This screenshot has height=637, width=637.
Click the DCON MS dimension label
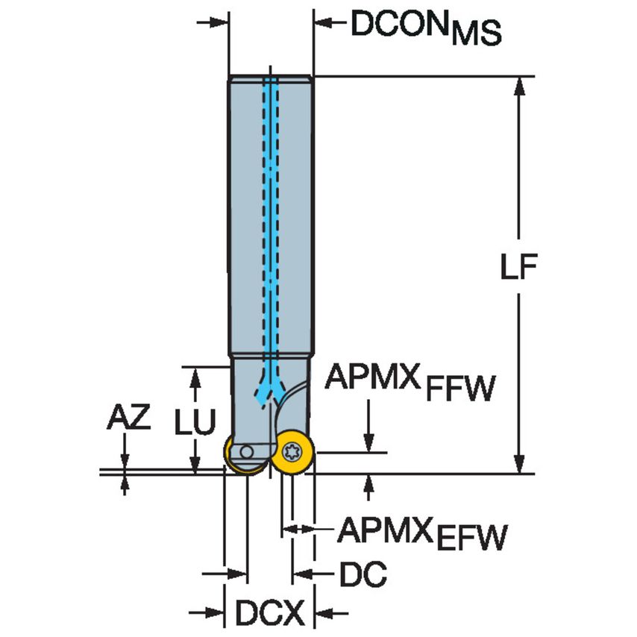426,28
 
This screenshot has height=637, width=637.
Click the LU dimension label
195,422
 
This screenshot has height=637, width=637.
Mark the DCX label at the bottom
270,615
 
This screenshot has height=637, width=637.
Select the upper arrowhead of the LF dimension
520,86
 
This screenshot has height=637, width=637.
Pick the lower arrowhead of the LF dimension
520,463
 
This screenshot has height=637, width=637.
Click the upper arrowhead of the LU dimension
195,376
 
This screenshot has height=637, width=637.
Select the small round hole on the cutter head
245,452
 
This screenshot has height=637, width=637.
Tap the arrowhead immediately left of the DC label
301,574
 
